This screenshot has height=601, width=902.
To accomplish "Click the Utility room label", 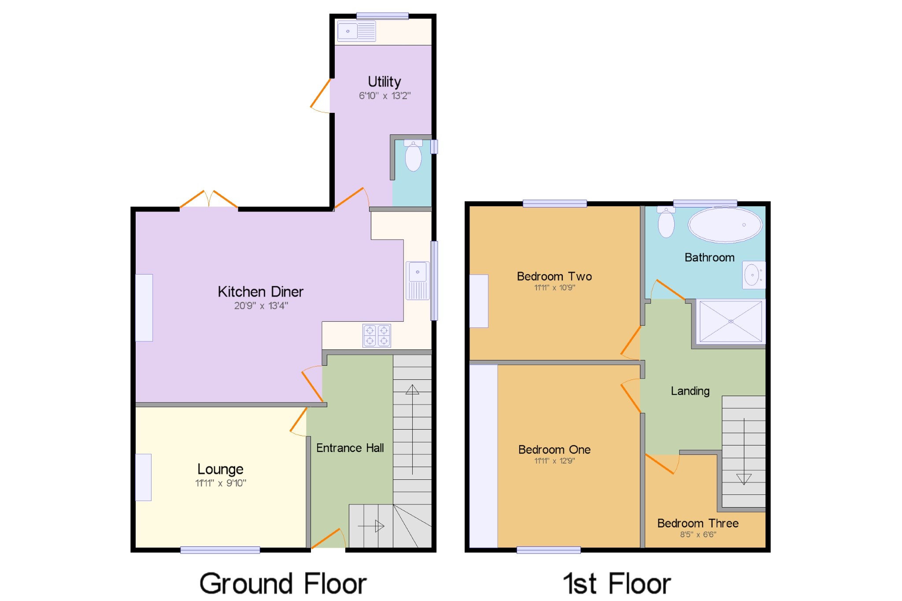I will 384,82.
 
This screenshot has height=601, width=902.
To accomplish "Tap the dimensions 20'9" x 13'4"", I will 261,306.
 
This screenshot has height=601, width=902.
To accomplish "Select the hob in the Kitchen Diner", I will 377,336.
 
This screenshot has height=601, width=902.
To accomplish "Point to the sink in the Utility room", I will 356,31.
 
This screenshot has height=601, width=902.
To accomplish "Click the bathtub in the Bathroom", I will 725,225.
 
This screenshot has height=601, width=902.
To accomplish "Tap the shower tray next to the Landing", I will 730,321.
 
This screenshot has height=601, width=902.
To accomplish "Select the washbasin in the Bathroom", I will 753,275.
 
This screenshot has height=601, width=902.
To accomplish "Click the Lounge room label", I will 220,469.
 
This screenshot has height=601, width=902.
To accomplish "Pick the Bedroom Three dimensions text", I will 698,534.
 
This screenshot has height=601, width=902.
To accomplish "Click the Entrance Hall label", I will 350,448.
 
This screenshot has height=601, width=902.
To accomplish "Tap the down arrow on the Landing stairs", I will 743,479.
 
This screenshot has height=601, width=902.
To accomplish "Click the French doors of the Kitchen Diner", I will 209,200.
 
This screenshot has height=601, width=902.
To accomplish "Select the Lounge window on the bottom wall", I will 220,549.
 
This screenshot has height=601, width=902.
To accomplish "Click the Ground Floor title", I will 283,584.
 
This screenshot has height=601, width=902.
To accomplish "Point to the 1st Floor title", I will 617,584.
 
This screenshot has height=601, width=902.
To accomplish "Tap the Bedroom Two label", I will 554,276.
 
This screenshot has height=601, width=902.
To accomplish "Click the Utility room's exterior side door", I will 320,95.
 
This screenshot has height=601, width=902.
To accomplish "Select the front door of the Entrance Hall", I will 328,539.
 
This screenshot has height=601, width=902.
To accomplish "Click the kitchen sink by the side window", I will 417,280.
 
